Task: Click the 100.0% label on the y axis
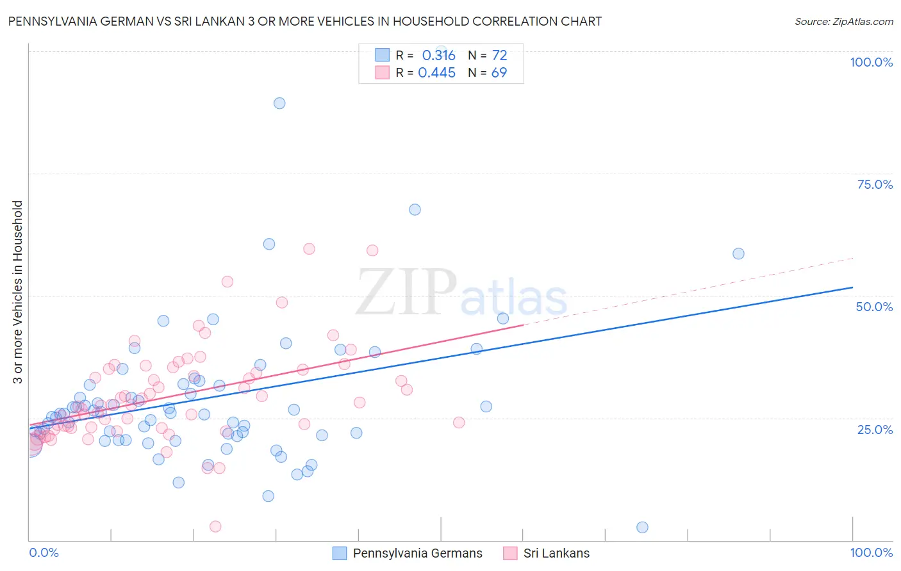point(871,62)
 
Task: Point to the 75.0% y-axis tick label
point(875,184)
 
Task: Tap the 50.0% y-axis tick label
point(874,307)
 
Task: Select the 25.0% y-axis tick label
point(875,429)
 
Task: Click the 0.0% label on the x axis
point(44,552)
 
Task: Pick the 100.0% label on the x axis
point(871,552)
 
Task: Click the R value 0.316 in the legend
point(438,56)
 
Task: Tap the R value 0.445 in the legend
point(436,73)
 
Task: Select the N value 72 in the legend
point(499,56)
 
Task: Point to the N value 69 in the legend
point(499,73)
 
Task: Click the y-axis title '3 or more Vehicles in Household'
point(18,292)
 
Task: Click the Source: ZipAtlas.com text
point(843,22)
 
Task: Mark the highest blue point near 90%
point(279,103)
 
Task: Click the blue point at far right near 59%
point(738,253)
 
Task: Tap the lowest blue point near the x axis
point(642,527)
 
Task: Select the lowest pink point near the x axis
point(215,526)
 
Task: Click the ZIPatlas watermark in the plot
point(461,293)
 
